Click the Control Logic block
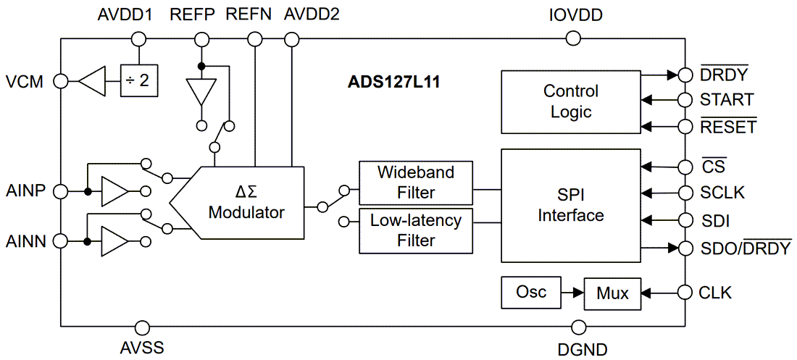click(570, 101)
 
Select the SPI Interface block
click(570, 206)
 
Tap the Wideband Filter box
click(415, 183)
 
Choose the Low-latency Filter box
click(415, 230)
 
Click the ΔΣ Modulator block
click(246, 203)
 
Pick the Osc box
click(531, 292)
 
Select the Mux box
click(612, 293)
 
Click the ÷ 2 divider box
click(138, 80)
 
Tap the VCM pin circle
click(61, 81)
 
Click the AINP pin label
click(27, 191)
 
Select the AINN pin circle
click(61, 240)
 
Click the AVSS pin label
click(142, 348)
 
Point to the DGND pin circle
click(577, 327)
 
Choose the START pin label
click(726, 100)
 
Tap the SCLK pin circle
click(684, 193)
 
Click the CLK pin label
click(715, 293)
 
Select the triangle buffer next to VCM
click(93, 81)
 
